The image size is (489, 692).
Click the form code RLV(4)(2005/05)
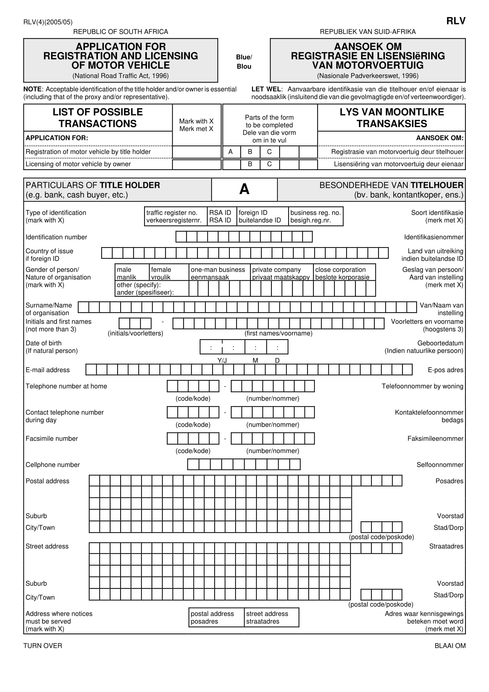48,22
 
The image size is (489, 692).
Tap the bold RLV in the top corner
456,21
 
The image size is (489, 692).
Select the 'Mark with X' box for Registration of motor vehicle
196,152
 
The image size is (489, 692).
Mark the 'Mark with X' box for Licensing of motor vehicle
196,164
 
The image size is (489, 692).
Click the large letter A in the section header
244,189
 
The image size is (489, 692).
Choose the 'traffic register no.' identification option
175,216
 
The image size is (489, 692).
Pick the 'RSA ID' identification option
222,216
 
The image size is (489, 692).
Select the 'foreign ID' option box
262,216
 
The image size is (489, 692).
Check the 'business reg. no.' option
315,216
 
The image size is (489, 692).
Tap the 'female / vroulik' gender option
169,273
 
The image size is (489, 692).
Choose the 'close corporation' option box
344,273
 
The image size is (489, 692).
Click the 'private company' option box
281,273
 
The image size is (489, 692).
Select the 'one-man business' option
219,273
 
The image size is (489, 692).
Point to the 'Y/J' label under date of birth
222,360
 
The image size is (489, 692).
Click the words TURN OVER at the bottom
43,646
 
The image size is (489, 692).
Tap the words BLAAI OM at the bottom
450,646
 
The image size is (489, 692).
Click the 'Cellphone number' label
53,465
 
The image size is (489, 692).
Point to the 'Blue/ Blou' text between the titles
244,62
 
